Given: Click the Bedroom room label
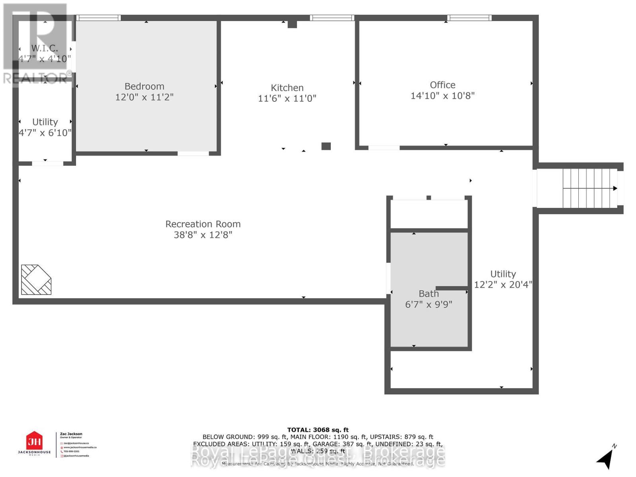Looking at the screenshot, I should pyautogui.click(x=144, y=86).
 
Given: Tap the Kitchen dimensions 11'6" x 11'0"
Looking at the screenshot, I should pyautogui.click(x=287, y=98).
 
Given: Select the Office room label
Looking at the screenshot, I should pyautogui.click(x=442, y=85).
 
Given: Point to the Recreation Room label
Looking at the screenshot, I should pyautogui.click(x=203, y=224).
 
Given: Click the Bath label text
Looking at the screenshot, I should pyautogui.click(x=429, y=294).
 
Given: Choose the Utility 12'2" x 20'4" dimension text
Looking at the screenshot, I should pyautogui.click(x=503, y=285).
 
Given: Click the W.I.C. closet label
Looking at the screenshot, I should pyautogui.click(x=45, y=48).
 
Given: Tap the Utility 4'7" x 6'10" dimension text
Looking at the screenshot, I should pyautogui.click(x=45, y=133).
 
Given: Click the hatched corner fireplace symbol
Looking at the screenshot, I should pyautogui.click(x=36, y=279).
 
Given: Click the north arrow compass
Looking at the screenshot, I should pyautogui.click(x=605, y=458).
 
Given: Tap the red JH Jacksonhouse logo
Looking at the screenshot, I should pyautogui.click(x=34, y=441).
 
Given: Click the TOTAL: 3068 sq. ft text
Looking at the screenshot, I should pyautogui.click(x=318, y=430).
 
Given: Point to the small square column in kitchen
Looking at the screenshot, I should pyautogui.click(x=326, y=146).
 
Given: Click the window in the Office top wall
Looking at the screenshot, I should pyautogui.click(x=469, y=18).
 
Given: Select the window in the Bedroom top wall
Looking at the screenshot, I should pyautogui.click(x=98, y=18).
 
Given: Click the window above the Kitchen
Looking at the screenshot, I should pyautogui.click(x=332, y=18).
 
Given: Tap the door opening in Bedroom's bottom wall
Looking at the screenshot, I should pyautogui.click(x=193, y=153).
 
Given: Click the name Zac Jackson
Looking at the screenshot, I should pyautogui.click(x=71, y=434).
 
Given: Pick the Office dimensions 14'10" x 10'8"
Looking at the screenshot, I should pyautogui.click(x=442, y=95).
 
